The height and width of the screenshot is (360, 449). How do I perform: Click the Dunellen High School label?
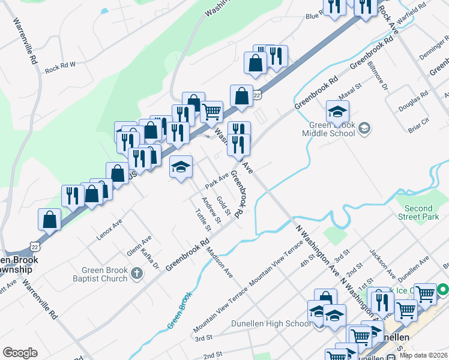point(271,324)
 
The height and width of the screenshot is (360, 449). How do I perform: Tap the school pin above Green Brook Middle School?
point(337,112)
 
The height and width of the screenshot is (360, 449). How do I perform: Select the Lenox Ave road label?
point(109,229)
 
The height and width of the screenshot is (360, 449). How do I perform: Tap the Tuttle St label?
point(203,220)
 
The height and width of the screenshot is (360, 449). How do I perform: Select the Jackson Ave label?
point(382,263)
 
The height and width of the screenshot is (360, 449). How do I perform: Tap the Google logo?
point(20,353)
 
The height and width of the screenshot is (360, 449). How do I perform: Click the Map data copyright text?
point(424,355)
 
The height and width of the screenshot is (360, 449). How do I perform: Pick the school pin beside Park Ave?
point(181,167)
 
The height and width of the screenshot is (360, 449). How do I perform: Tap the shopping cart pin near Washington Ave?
point(211,112)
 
